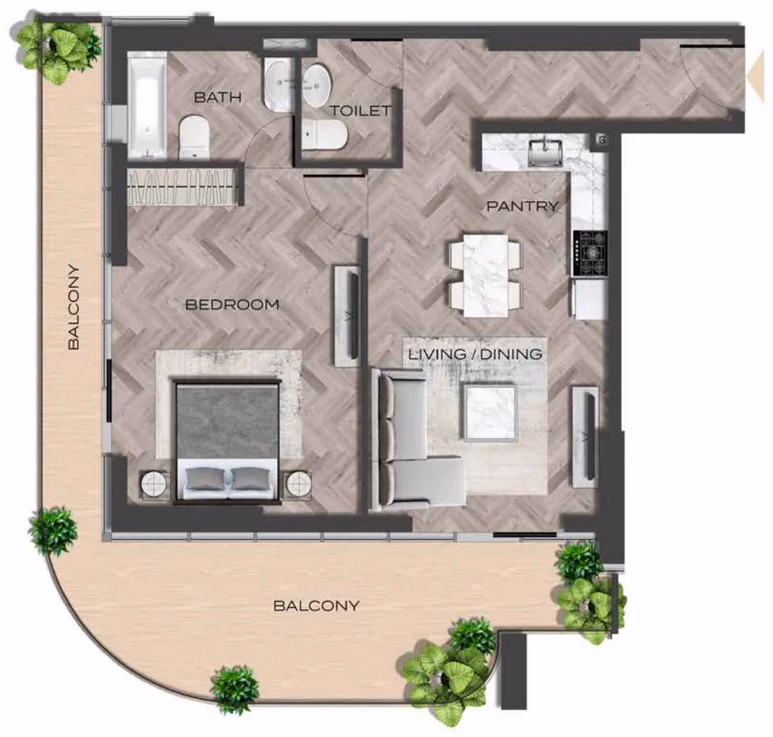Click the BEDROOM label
(232, 304)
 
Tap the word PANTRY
(523, 206)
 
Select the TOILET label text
(361, 111)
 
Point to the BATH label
(218, 97)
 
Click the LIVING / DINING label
(476, 354)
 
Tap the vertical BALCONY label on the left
(73, 307)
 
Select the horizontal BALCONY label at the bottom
(316, 605)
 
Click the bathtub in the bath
(147, 106)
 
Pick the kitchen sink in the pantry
(545, 152)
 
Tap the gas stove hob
(590, 253)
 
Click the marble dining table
(486, 276)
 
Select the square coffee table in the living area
(489, 412)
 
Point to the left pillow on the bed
(205, 478)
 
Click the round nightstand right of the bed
(298, 485)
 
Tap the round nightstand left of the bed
(155, 485)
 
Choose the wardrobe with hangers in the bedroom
(182, 187)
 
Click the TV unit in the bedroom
(348, 316)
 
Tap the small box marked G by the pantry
(601, 140)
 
